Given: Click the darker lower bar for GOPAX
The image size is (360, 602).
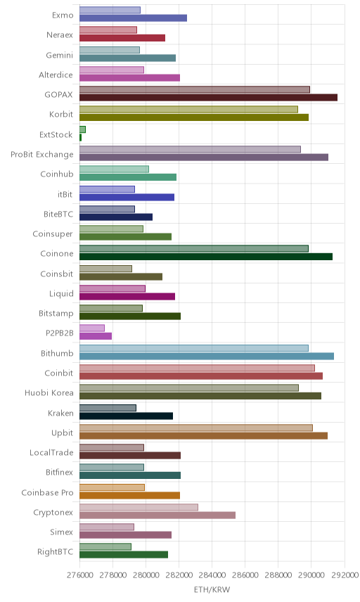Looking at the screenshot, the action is point(208,98).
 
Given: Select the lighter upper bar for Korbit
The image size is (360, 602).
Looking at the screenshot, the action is point(189,110).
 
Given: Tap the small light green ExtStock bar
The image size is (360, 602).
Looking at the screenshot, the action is point(82,129).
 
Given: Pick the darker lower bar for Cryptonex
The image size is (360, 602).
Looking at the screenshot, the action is point(157,515).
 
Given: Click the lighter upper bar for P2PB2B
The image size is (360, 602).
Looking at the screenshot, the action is point(92,328).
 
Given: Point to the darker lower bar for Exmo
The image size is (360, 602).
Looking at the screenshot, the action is point(133,18).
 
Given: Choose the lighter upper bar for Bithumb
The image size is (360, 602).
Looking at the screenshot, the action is point(194,348).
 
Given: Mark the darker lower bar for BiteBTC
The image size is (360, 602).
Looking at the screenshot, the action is point(116,217).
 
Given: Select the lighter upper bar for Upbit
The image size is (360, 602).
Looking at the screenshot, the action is point(196,428).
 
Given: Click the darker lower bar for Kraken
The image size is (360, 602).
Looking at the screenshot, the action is point(127,416).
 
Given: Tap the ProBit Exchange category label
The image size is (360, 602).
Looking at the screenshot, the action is point(41,154).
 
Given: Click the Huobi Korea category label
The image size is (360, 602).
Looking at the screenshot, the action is point(49,392).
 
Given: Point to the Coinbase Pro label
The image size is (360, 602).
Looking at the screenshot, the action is point(47,492).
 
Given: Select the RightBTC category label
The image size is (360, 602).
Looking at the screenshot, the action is point(55,552).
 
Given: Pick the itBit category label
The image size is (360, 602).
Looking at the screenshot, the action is point(65,194).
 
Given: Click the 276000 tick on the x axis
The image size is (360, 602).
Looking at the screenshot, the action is point(80,575).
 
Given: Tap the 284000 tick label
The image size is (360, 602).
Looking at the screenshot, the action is point(212,575).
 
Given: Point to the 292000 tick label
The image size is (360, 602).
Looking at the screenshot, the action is point(345,575).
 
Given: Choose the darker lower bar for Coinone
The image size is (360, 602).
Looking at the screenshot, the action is point(206,257).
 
